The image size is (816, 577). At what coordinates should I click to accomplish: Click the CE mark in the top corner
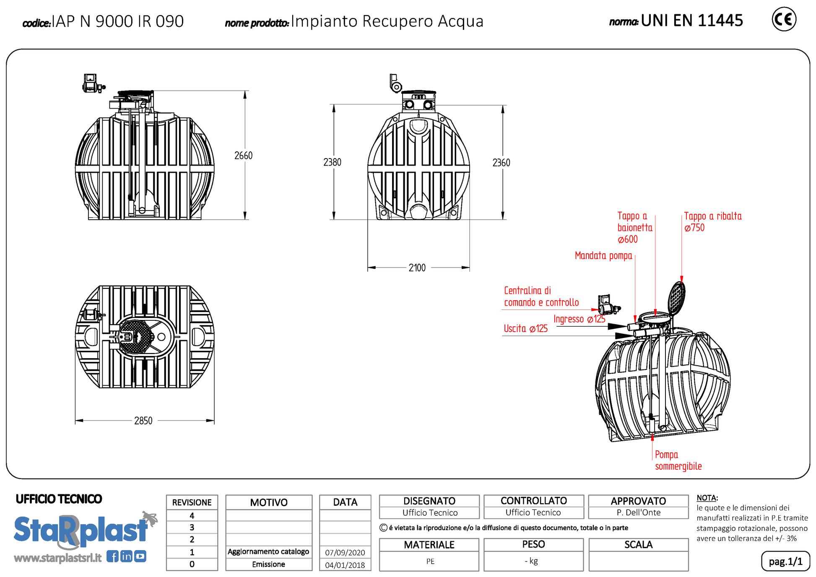784,19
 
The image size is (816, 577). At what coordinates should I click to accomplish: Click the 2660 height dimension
243,156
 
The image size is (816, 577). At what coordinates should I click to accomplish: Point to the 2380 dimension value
332,162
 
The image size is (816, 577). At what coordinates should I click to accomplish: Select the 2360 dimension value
501,163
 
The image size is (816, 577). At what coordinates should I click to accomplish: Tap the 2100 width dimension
417,268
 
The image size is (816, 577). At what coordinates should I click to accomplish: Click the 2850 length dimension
143,421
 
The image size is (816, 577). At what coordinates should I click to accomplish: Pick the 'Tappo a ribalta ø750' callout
712,222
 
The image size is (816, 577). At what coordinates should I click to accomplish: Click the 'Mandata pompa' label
603,256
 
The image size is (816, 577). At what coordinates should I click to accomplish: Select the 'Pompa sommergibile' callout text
678,460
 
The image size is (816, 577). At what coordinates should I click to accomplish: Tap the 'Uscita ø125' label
525,329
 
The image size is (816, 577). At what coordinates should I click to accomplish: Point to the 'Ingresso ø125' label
579,319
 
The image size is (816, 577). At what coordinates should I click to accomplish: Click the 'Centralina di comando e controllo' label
541,296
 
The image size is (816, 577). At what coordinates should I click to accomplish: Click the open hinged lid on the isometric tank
676,297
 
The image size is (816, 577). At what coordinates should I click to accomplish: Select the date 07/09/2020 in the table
345,553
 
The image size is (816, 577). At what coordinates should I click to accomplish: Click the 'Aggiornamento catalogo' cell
268,552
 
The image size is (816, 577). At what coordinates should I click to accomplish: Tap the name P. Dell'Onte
638,512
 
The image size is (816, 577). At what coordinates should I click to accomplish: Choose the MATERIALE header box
429,545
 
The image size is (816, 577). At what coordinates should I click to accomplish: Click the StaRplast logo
82,530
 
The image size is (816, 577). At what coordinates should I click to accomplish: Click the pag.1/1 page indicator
785,561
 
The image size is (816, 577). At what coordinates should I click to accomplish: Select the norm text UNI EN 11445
691,21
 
